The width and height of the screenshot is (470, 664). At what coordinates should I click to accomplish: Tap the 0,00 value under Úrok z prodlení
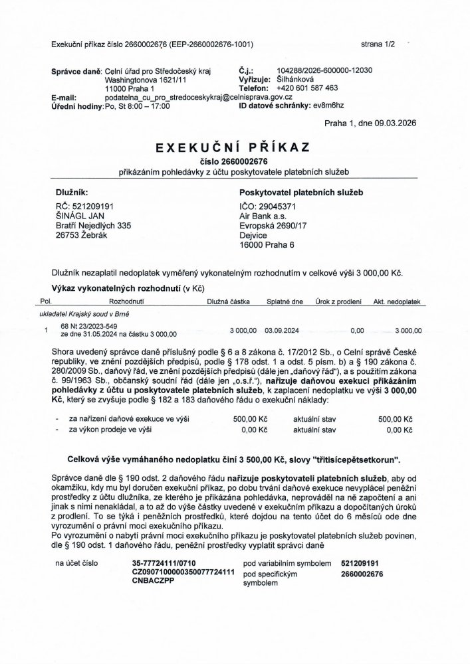(x=356, y=329)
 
